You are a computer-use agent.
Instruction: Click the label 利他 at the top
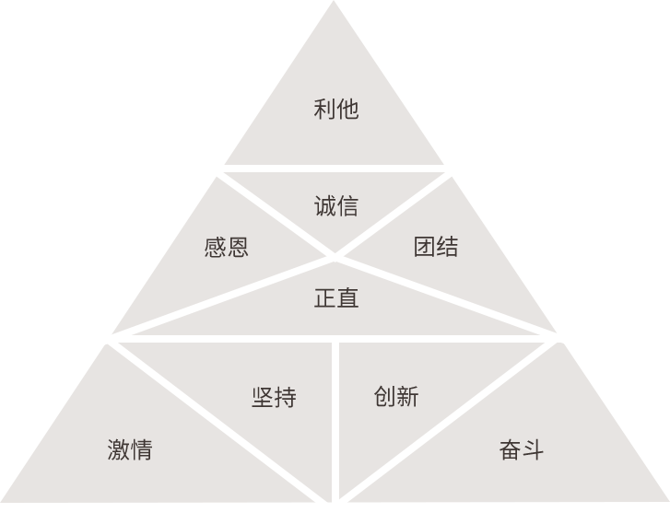coord(335,109)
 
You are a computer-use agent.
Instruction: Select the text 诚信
coord(335,206)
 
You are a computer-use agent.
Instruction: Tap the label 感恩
coord(226,247)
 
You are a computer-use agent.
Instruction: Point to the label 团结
coord(435,247)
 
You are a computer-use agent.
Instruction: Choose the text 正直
coord(335,298)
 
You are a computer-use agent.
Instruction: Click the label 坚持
coord(274,397)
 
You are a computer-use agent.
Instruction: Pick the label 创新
coord(396,397)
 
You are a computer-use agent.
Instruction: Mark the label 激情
coord(130,449)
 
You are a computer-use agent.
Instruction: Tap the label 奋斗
coord(522,449)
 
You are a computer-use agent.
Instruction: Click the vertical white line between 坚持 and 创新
coord(335,414)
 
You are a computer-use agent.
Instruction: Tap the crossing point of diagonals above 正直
coord(334,257)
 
